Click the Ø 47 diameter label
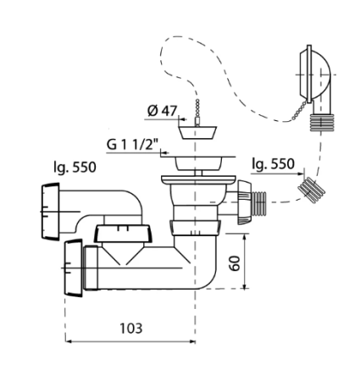(x=162, y=111)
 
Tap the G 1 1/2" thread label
(x=131, y=145)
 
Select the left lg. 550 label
(x=75, y=168)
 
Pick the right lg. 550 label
(x=274, y=164)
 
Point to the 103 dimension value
(x=131, y=329)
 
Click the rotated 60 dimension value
(x=235, y=263)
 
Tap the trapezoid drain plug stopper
(x=197, y=132)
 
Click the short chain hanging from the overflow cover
(x=299, y=111)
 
